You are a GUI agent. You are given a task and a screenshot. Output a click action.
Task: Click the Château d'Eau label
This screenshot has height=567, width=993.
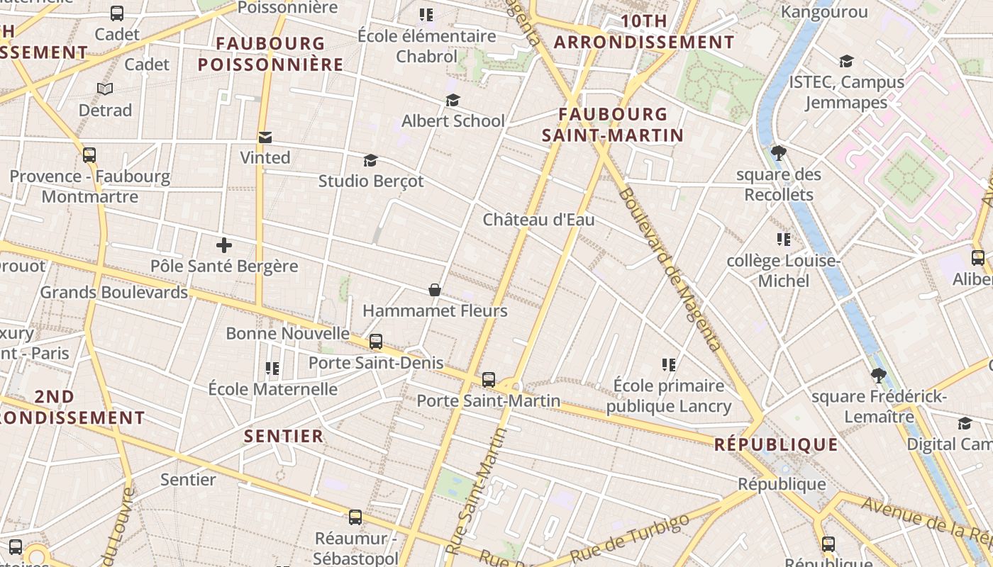coord(539,220)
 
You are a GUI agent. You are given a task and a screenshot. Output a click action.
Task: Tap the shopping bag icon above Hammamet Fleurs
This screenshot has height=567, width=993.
coord(435,290)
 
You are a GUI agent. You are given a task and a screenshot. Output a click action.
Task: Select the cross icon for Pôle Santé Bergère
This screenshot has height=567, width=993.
coord(224,246)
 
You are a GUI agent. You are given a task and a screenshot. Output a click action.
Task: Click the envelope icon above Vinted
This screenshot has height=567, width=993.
coord(265,137)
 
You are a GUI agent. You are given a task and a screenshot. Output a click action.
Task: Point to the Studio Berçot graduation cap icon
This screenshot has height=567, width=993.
coord(370,161)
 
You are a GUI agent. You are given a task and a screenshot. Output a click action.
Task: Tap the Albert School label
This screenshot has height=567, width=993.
coord(453,121)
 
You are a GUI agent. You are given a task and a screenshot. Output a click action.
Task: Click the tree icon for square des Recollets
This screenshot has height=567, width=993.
coord(778,152)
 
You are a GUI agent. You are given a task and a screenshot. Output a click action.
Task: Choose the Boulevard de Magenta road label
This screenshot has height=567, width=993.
coord(670,269)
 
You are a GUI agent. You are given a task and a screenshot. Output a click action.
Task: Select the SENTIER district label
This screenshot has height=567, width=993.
coord(284,436)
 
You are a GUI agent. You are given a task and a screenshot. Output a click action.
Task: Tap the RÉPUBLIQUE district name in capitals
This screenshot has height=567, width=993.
coord(776,445)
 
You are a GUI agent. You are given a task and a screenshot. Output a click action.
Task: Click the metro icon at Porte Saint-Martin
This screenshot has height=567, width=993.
coord(489,380)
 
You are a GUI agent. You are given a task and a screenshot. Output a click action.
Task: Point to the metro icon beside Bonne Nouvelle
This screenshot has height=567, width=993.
coord(376,342)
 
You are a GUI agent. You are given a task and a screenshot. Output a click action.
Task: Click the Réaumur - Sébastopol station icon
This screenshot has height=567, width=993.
coord(355,517)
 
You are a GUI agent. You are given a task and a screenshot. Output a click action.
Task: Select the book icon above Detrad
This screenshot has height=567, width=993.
coord(105,89)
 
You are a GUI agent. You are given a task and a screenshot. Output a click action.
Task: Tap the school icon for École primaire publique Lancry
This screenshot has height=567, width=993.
coord(668,365)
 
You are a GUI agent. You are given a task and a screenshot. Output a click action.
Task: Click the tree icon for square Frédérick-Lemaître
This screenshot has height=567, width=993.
coord(879,376)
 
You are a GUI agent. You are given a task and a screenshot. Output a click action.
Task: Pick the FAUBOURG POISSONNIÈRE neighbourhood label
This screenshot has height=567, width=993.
coord(270,54)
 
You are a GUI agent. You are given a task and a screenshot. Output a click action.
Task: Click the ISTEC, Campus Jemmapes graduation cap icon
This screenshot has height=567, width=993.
coord(846,62)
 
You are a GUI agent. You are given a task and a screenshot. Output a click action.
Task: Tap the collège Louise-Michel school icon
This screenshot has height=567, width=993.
coord(783,240)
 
